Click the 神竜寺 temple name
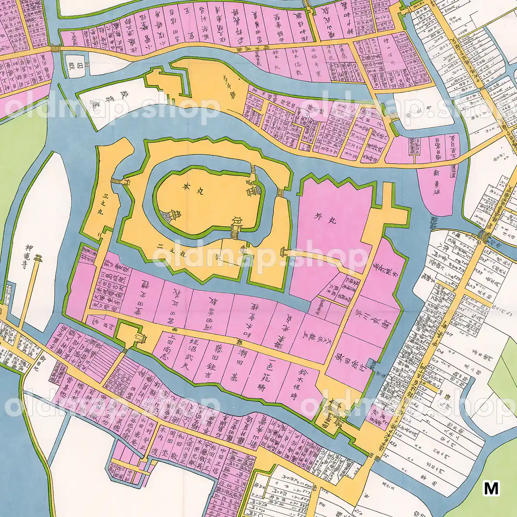point(29,255)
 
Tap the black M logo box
point(491,488)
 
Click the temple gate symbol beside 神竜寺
point(39,259)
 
